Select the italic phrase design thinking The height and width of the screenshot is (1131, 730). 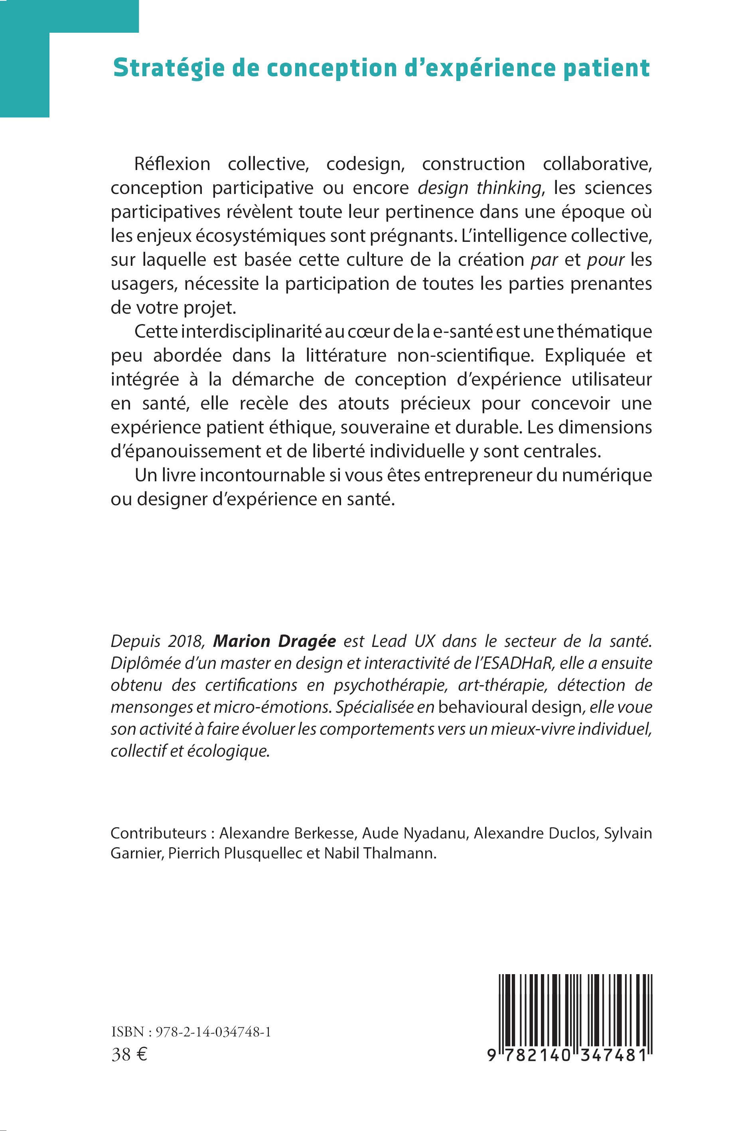[479, 188]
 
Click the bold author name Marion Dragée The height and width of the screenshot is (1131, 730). [274, 641]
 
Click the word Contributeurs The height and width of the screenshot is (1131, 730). [158, 833]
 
